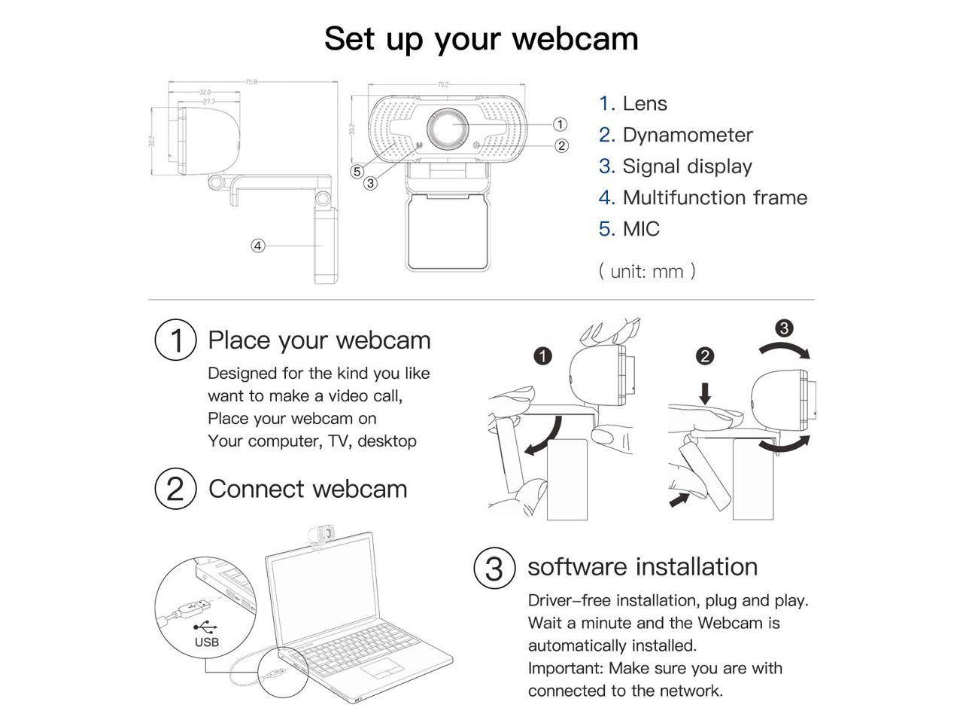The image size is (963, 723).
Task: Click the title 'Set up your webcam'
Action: coord(481,38)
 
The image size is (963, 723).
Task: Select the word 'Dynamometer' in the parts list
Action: coord(687,135)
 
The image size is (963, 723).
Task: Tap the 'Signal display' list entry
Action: coord(687,166)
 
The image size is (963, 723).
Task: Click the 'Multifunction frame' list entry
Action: coord(714,197)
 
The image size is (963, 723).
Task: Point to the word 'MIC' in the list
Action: coord(641,229)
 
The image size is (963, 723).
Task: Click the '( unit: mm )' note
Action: coord(647,271)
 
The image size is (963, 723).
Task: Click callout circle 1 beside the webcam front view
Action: coord(560,124)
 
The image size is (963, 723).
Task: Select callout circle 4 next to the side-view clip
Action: coord(258,246)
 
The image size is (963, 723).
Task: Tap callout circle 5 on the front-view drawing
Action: coord(357,172)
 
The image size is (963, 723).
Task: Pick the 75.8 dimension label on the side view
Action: coord(251,81)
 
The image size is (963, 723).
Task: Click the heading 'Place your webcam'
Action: coord(319,340)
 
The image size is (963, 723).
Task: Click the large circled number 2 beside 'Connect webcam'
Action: coord(175,489)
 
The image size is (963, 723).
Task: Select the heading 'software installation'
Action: coord(643,566)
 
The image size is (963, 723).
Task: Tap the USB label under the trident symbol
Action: coord(207,642)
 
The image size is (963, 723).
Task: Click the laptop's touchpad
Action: coord(381,670)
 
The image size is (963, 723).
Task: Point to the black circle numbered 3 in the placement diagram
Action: coord(784,328)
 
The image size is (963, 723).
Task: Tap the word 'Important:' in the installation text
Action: coord(566,668)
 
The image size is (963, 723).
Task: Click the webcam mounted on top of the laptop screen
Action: coord(320,534)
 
